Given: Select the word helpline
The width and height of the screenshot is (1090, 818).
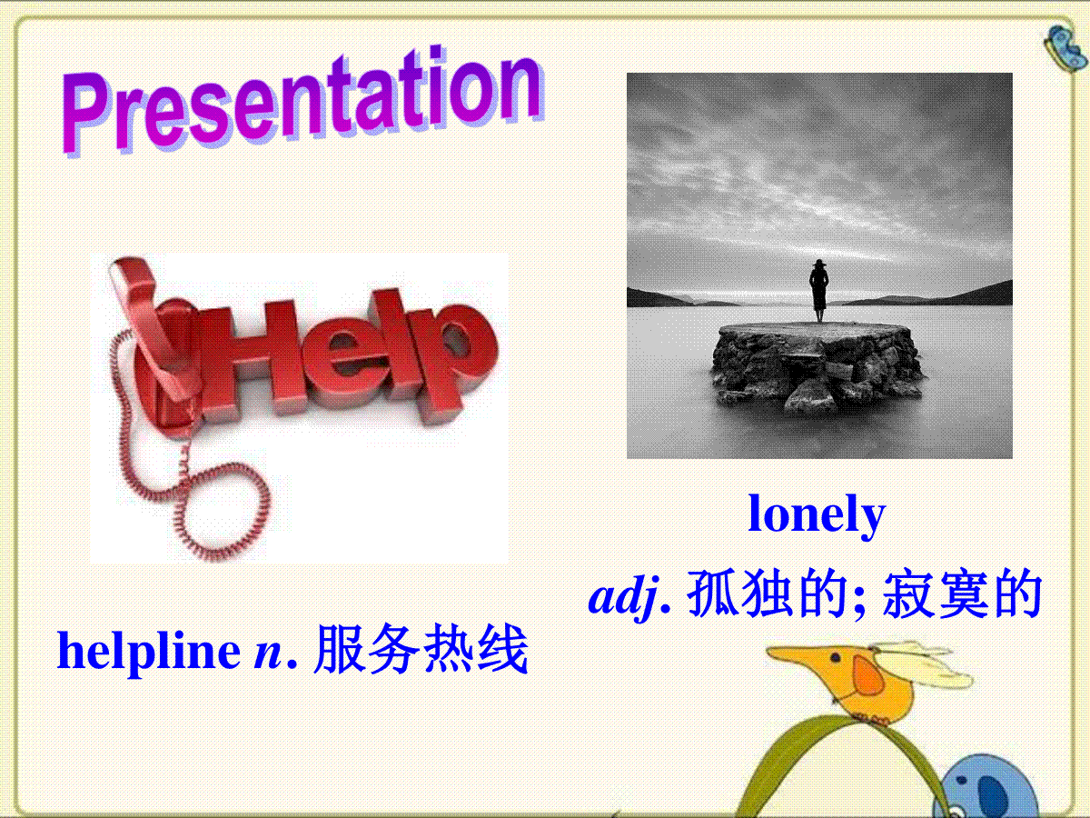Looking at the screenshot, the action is tap(149, 652).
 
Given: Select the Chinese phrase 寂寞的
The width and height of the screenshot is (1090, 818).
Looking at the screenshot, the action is tap(961, 594).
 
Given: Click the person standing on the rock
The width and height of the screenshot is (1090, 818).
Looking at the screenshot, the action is tap(819, 291).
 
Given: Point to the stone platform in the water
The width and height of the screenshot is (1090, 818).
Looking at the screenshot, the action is tap(817, 367).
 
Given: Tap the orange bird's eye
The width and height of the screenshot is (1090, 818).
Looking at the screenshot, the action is tap(836, 659).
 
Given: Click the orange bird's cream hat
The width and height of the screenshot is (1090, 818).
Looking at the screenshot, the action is tap(918, 664).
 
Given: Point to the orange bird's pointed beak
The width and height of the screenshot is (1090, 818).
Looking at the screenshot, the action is tap(795, 654).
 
